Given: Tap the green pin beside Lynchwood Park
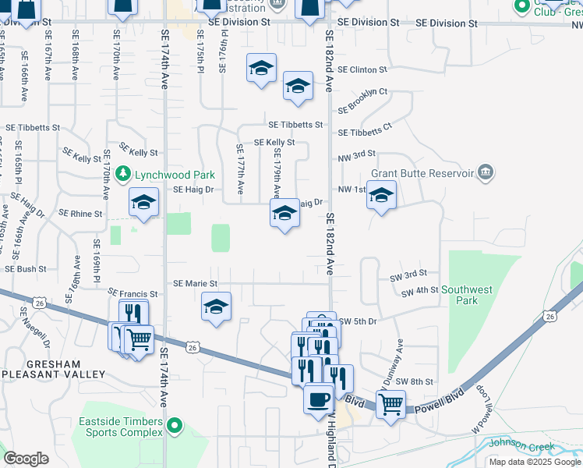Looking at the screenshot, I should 122,173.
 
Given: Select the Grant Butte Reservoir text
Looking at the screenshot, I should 422,172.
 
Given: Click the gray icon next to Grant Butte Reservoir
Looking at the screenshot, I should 485,172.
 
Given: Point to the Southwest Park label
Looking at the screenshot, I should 467,294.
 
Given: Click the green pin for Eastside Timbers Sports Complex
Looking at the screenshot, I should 175,426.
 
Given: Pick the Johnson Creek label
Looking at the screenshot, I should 521,445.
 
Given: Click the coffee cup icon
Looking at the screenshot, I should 317,399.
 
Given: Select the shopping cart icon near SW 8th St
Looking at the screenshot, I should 390,403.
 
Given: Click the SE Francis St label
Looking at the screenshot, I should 132,294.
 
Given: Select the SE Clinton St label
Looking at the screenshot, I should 362,70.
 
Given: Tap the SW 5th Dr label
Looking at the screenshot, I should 358,321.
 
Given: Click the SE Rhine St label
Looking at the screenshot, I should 81,213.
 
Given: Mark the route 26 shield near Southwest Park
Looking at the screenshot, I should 551,316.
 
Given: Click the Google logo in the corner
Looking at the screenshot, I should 26,459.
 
